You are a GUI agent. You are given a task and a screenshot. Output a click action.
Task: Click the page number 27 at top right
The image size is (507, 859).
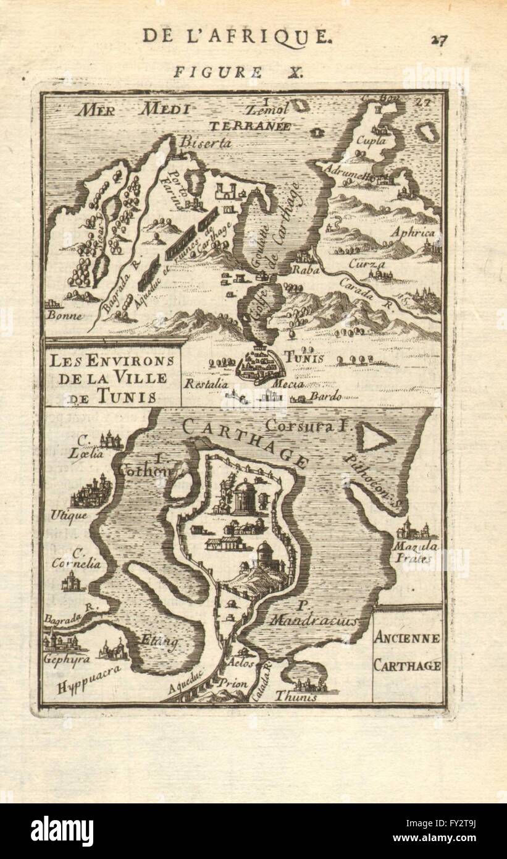(x=439, y=40)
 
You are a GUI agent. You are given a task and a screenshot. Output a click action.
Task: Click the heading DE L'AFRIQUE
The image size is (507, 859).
(x=237, y=36)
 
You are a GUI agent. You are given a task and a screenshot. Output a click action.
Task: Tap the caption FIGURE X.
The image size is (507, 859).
(x=237, y=72)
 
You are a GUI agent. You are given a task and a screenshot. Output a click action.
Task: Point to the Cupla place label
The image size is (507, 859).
(x=369, y=140)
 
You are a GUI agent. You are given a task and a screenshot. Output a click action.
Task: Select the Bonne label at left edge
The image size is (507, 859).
(x=64, y=314)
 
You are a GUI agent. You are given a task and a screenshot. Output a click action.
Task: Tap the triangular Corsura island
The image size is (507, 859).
(x=375, y=439)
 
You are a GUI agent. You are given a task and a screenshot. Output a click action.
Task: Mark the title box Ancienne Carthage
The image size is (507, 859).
(x=407, y=652)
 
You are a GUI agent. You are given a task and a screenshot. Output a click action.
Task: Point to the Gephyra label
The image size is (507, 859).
(x=63, y=658)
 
